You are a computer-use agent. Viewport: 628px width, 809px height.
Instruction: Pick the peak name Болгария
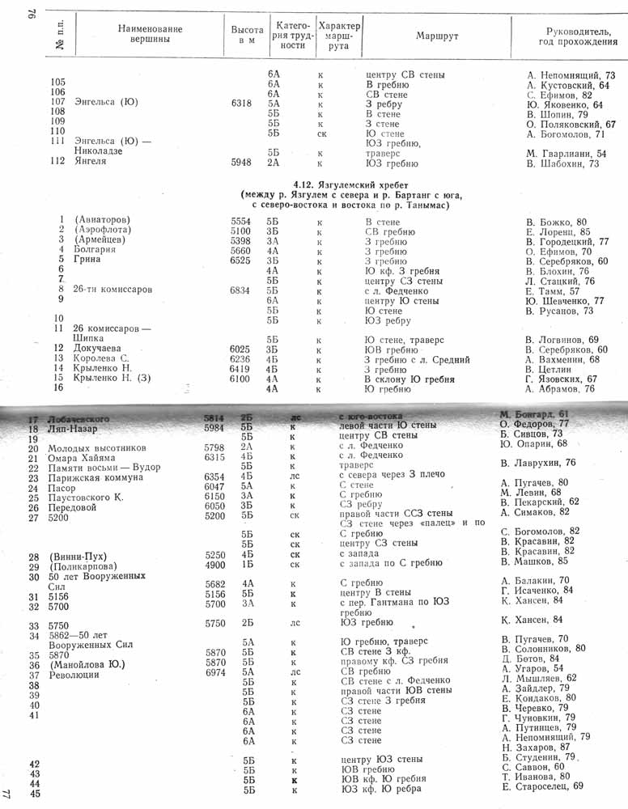click(x=95, y=251)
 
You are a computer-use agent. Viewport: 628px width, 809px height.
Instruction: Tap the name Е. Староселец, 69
click(x=542, y=786)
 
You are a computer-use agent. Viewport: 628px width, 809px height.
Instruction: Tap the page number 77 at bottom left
click(x=8, y=795)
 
